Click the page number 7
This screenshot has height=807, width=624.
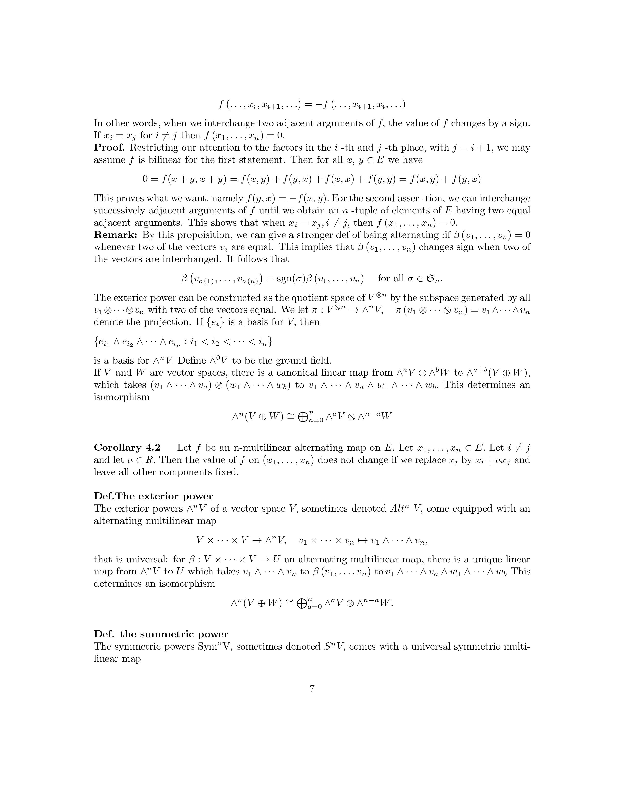click(x=312, y=689)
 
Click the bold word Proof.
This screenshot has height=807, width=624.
click(x=109, y=148)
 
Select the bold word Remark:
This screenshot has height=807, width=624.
click(x=116, y=235)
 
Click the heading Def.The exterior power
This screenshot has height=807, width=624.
click(x=153, y=496)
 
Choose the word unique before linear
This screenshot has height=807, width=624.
click(x=481, y=560)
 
